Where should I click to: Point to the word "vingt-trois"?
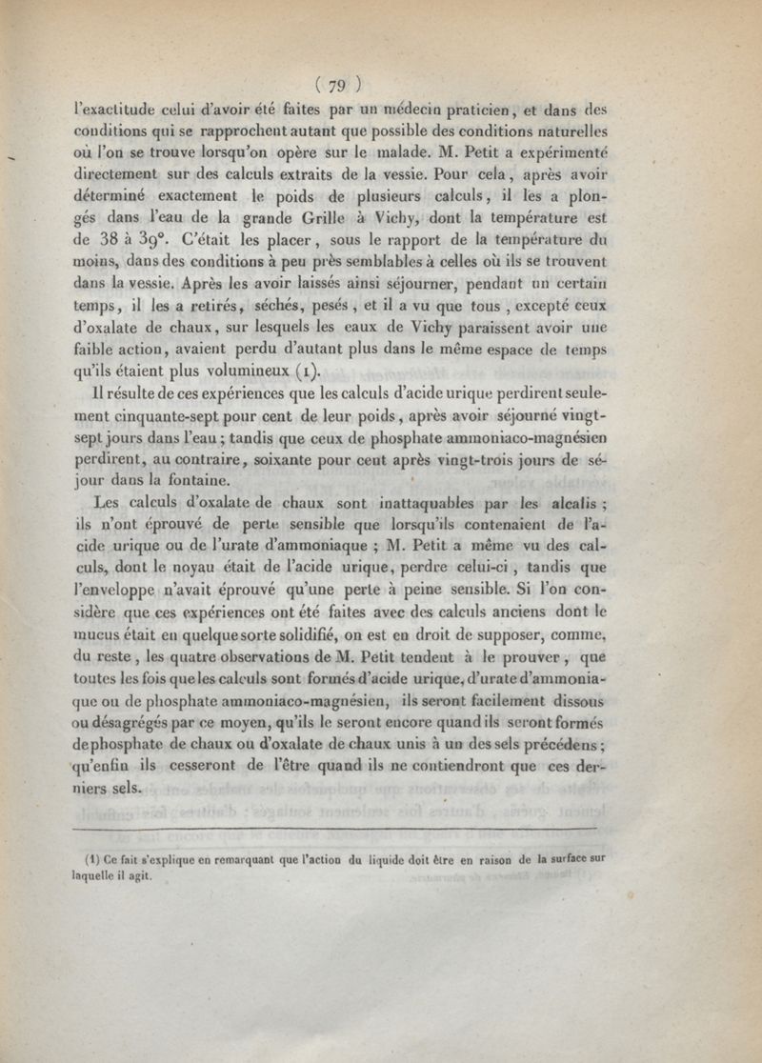(501, 460)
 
